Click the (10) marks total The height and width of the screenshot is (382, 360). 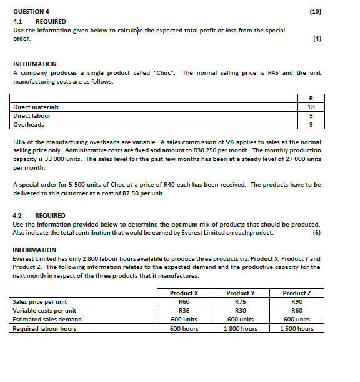coord(314,12)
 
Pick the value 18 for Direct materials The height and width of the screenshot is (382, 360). coord(311,107)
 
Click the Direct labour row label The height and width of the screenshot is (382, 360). coord(32,115)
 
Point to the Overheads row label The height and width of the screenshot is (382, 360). coord(29,124)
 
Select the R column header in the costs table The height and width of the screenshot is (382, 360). coord(311,98)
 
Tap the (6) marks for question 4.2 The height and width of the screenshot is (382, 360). coord(316,232)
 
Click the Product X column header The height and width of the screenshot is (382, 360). coord(184,293)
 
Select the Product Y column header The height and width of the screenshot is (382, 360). coord(241,293)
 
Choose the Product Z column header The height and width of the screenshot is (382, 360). coord(297,293)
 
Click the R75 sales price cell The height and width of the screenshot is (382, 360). coord(241,301)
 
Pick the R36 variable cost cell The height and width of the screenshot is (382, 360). coord(184,310)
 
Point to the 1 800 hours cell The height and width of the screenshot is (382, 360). coord(241,328)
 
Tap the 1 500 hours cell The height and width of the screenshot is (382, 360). coord(297,328)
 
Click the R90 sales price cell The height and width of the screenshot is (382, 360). coord(297,301)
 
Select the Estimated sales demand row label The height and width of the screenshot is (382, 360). coord(47,319)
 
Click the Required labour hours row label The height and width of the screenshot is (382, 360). coord(44,328)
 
